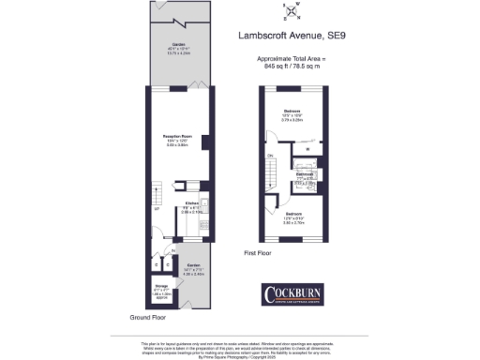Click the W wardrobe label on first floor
point(307,149)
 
